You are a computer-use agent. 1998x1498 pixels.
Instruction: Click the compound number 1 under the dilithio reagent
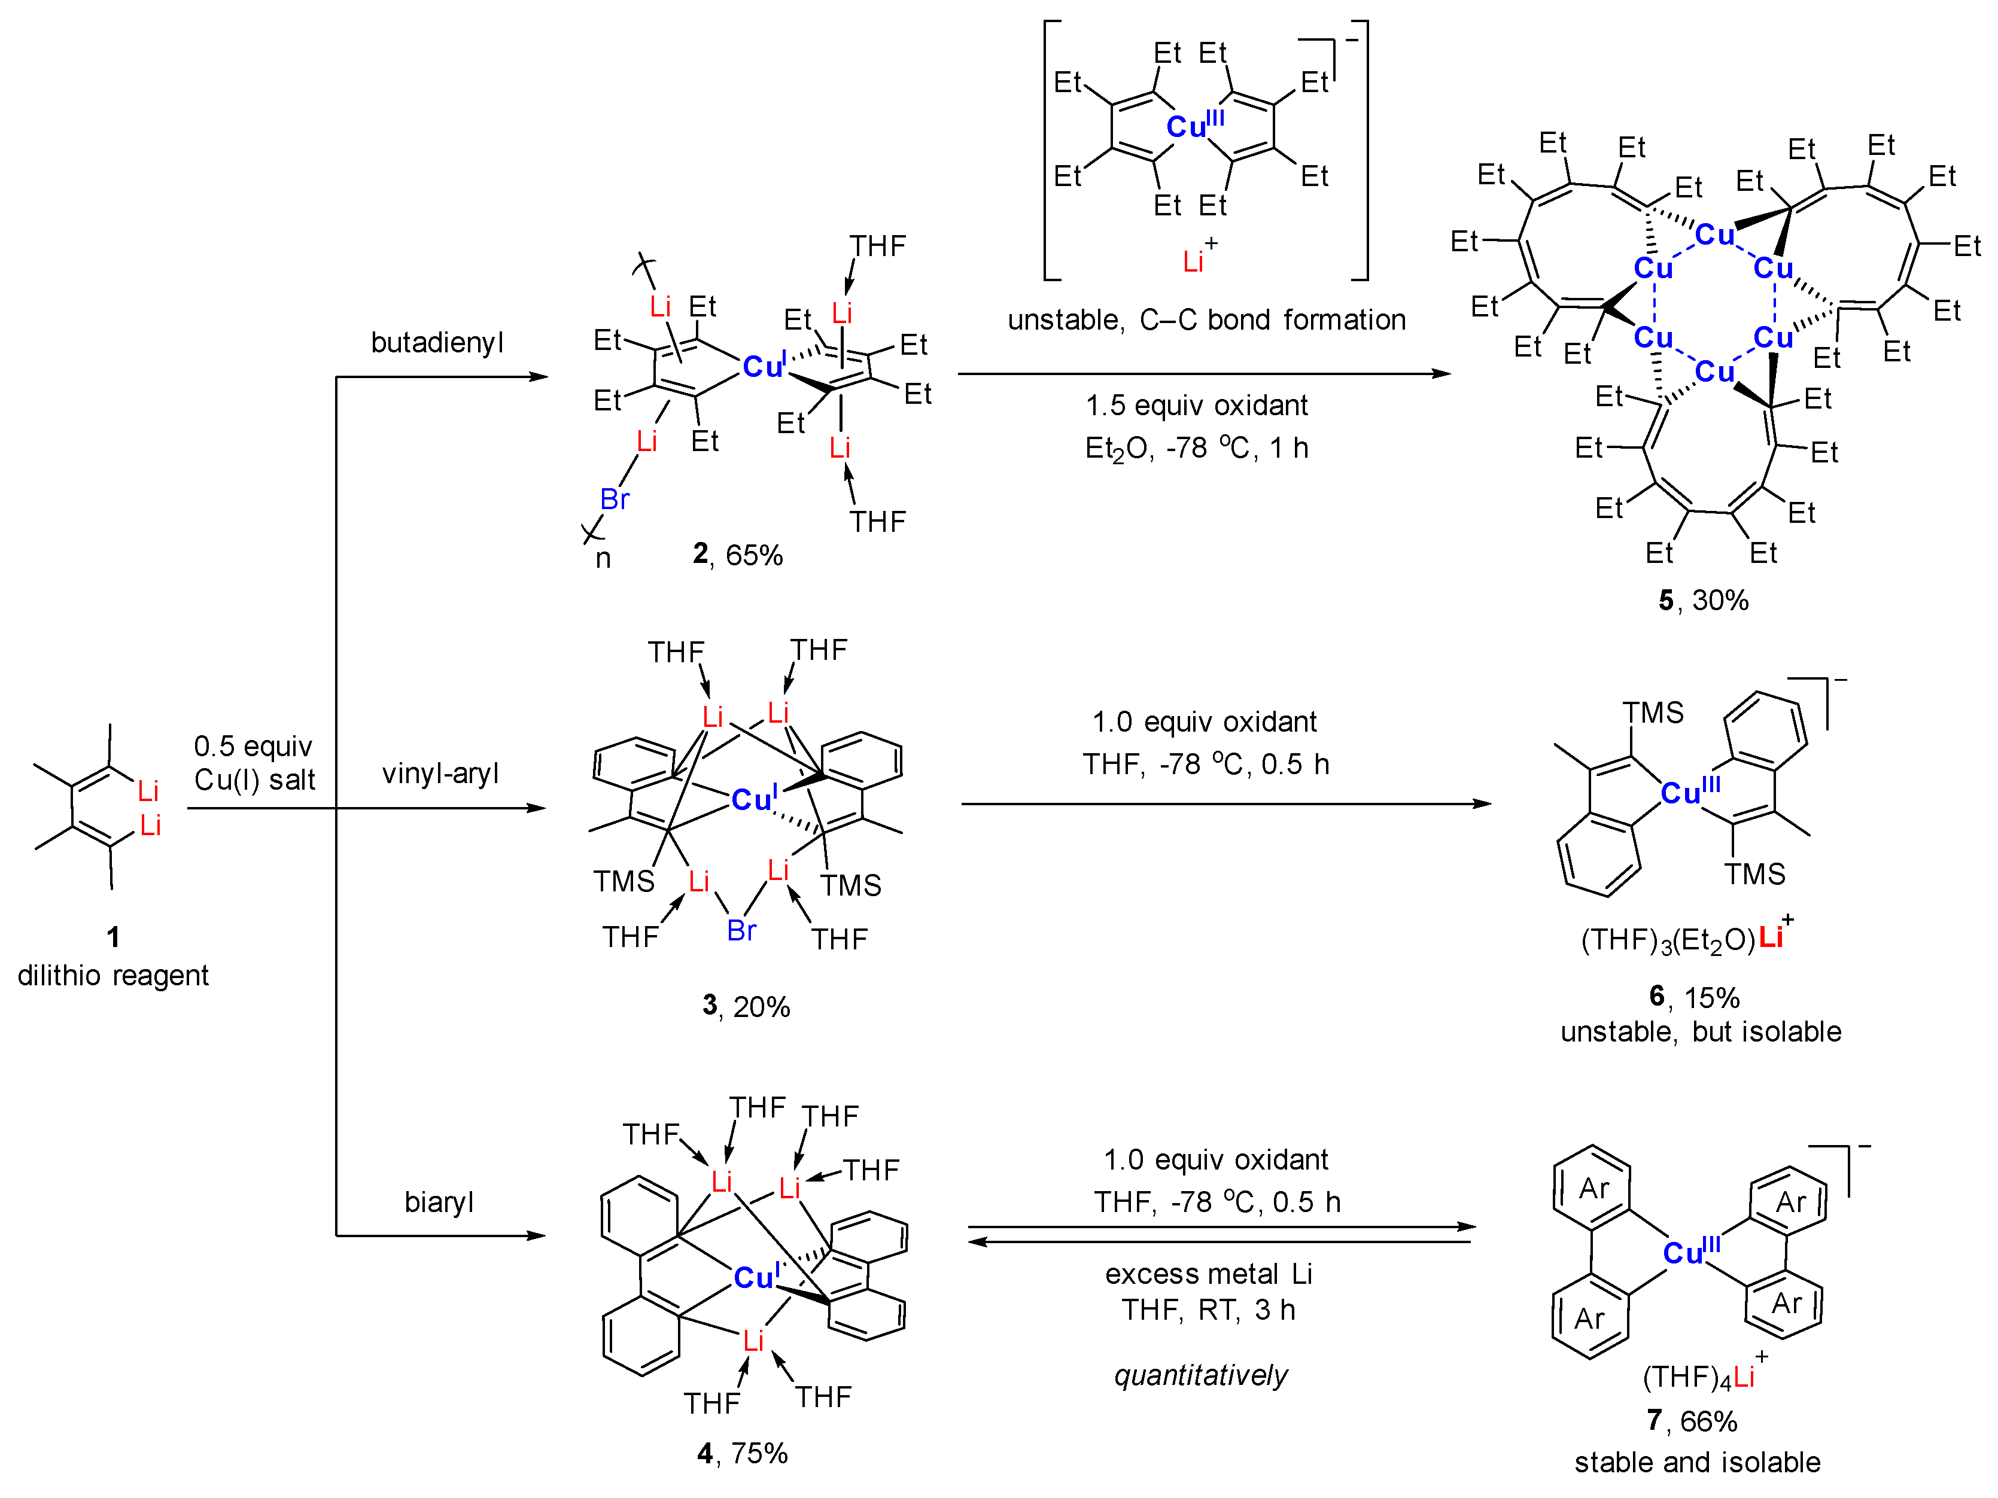point(113,936)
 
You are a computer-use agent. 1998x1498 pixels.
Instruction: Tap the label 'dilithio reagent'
point(113,975)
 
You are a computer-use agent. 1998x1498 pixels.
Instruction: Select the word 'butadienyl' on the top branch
point(437,342)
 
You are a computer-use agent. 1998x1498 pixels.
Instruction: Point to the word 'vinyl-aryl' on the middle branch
point(440,774)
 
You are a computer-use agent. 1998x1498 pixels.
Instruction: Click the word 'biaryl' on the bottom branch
point(439,1202)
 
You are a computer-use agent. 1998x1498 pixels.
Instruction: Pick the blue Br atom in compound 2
point(614,498)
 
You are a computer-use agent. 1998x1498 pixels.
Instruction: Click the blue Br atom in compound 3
point(741,930)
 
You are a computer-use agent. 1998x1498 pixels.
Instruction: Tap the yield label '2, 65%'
point(737,555)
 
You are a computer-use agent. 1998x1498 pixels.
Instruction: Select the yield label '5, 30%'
point(1702,599)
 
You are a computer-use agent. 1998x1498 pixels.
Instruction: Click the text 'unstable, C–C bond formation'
point(1206,319)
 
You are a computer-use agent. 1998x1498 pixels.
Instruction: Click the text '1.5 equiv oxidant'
point(1196,406)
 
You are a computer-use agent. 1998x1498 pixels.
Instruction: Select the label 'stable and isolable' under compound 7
point(1697,1462)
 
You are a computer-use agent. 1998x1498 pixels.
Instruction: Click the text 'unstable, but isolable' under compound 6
point(1700,1031)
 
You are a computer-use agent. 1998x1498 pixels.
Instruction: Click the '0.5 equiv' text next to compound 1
point(253,746)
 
